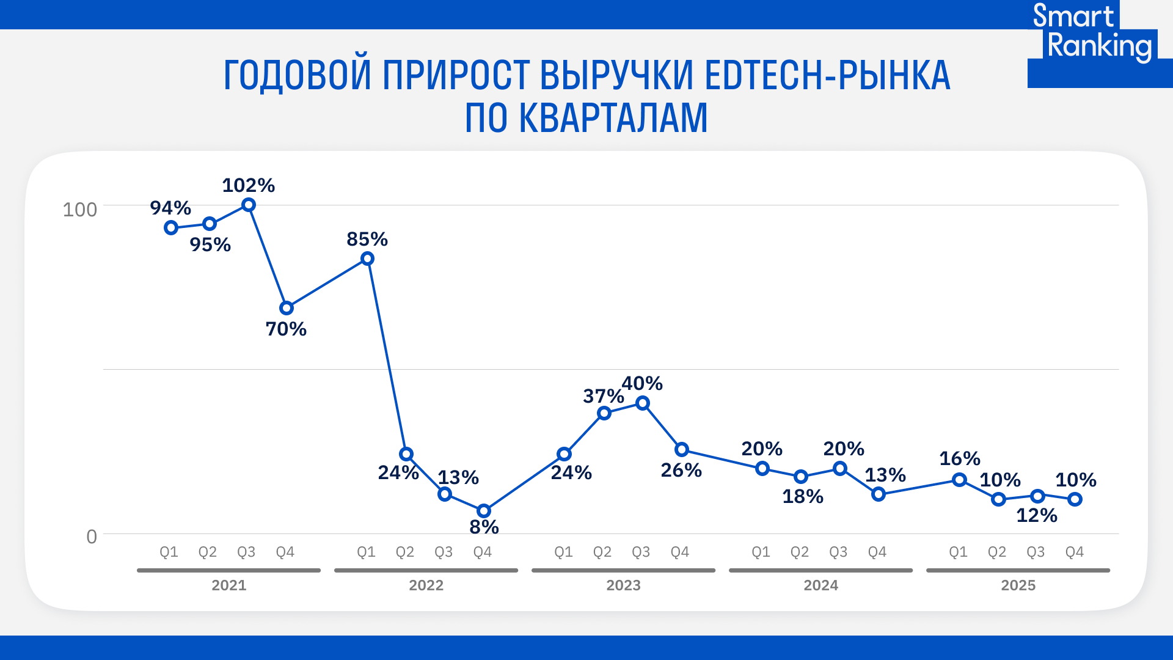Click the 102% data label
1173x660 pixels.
pyautogui.click(x=248, y=185)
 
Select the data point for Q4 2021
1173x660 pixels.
pyautogui.click(x=287, y=308)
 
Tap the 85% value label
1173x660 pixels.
pyautogui.click(x=367, y=239)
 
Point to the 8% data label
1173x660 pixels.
pyautogui.click(x=484, y=527)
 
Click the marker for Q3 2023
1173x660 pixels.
pyautogui.click(x=643, y=403)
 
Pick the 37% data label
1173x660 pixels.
pyautogui.click(x=603, y=396)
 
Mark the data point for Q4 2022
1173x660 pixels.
pyautogui.click(x=484, y=511)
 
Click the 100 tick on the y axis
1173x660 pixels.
pyautogui.click(x=80, y=210)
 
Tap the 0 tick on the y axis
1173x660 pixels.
pyautogui.click(x=92, y=537)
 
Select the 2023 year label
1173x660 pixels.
pyautogui.click(x=623, y=585)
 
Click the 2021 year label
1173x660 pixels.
pyautogui.click(x=228, y=585)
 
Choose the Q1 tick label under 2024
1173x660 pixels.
pyautogui.click(x=761, y=552)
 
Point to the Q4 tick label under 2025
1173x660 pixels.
pyautogui.click(x=1074, y=552)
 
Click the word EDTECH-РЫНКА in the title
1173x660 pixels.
pyautogui.click(x=827, y=76)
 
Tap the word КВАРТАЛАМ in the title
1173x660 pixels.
pyautogui.click(x=613, y=117)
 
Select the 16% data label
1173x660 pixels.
pyautogui.click(x=959, y=458)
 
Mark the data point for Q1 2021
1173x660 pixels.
pyautogui.click(x=171, y=228)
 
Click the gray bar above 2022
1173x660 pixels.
pyautogui.click(x=426, y=570)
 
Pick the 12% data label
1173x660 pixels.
pyautogui.click(x=1036, y=515)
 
